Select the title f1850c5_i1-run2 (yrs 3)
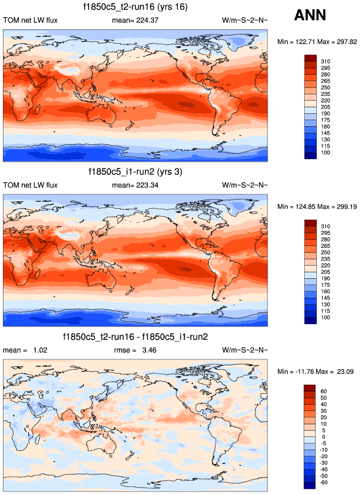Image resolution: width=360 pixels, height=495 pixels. (136, 172)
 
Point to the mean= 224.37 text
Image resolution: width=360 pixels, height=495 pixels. (135, 21)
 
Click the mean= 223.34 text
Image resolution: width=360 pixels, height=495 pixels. (135, 185)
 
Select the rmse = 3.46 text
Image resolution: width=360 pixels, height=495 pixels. (136, 350)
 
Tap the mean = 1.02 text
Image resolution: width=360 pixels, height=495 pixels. (24, 350)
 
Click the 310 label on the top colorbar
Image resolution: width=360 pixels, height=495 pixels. (325, 61)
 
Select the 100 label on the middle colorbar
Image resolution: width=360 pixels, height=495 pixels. (325, 317)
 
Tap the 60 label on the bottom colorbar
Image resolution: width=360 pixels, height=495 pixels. (323, 391)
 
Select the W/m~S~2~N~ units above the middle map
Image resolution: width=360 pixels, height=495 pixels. (244, 185)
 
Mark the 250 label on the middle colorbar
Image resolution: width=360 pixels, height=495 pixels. (325, 252)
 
